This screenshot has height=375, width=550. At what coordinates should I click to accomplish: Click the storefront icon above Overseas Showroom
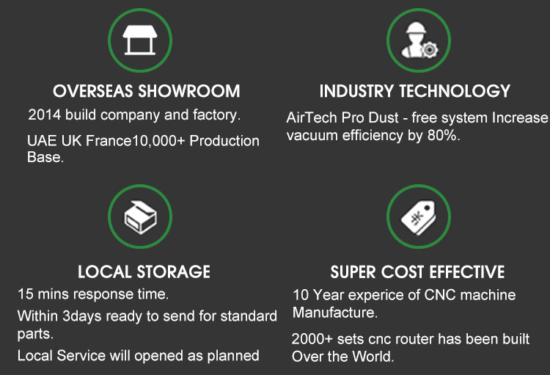(x=140, y=40)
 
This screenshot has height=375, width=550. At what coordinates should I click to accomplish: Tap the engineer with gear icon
(x=419, y=40)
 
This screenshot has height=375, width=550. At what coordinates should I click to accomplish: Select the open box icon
(x=140, y=217)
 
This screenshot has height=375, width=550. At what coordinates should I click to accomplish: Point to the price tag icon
(x=418, y=217)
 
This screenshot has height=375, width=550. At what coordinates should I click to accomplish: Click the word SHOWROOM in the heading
(x=189, y=91)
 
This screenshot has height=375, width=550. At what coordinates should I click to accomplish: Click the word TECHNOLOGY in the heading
(x=455, y=91)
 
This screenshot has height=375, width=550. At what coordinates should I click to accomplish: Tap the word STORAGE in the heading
(x=173, y=272)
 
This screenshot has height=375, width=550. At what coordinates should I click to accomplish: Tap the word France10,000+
(x=136, y=141)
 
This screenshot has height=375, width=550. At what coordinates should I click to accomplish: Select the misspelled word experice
(x=377, y=295)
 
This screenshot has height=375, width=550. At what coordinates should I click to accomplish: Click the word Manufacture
(x=335, y=313)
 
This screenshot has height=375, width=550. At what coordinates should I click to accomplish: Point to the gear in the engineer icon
(x=429, y=49)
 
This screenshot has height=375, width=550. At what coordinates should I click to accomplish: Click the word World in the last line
(x=373, y=357)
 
